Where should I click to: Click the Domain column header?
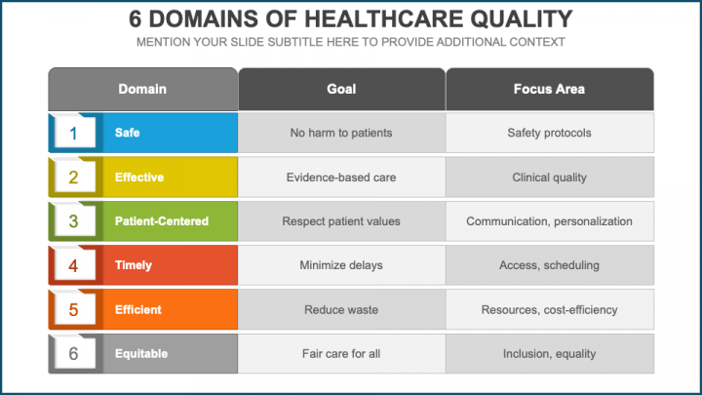142,89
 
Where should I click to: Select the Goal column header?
341,89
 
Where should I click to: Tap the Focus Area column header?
549,89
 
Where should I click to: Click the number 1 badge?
73,133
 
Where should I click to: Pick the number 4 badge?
73,265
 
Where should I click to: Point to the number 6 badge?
73,354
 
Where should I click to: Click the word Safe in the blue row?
127,133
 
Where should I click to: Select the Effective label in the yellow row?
138,178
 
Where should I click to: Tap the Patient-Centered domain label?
161,221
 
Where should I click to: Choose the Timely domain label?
133,265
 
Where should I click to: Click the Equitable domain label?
141,354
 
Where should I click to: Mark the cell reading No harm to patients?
341,133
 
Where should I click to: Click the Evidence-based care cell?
341,178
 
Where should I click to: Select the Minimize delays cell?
341,265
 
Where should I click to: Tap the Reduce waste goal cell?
341,310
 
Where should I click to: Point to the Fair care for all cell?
341,354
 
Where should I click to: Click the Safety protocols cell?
549,133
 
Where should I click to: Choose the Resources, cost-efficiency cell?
549,310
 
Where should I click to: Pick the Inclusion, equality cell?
549,354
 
